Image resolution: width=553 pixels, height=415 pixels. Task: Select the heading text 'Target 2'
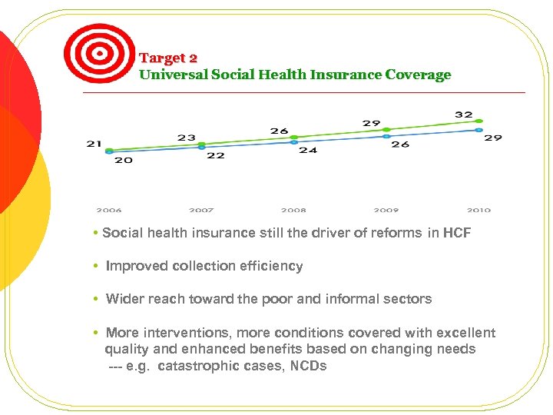tap(168, 58)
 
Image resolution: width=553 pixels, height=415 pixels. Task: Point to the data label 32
tap(463, 115)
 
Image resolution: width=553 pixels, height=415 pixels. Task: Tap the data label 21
tap(94, 143)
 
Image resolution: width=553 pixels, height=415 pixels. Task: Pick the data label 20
tap(124, 161)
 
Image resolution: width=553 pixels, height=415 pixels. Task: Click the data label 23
tap(186, 138)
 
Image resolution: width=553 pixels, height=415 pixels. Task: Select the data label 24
tap(308, 150)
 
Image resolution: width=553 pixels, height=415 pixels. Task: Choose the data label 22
tap(216, 155)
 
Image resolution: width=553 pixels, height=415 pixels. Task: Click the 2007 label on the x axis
tap(201, 210)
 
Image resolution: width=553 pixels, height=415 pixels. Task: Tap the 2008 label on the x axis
tap(293, 210)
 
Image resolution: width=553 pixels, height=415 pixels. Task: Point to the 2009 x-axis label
tap(386, 210)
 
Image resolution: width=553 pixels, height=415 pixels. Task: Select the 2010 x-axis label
tap(478, 210)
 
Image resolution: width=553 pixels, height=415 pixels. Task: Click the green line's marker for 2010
tap(478, 121)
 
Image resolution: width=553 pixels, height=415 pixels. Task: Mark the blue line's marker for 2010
tap(478, 130)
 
